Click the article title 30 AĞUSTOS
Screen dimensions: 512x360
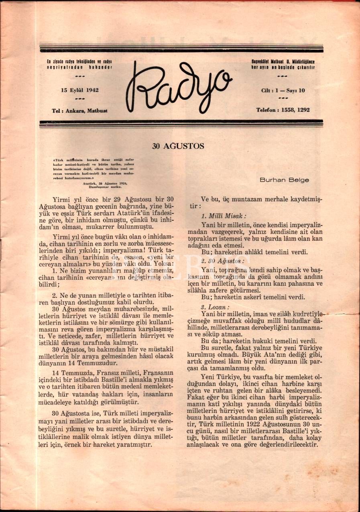pyautogui.click(x=178, y=146)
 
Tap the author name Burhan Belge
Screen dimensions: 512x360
pyautogui.click(x=284, y=180)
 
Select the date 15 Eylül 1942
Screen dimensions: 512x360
pyautogui.click(x=79, y=90)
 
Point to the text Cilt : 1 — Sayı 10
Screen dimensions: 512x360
pyautogui.click(x=283, y=90)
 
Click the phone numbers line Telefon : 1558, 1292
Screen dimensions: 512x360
pyautogui.click(x=283, y=110)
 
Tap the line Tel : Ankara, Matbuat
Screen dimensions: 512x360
pyautogui.click(x=79, y=110)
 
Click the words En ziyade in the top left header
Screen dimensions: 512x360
pyautogui.click(x=54, y=61)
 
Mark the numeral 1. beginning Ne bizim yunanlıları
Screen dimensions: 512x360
pyautogui.click(x=55, y=270)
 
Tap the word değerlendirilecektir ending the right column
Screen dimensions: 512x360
pyautogui.click(x=289, y=445)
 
